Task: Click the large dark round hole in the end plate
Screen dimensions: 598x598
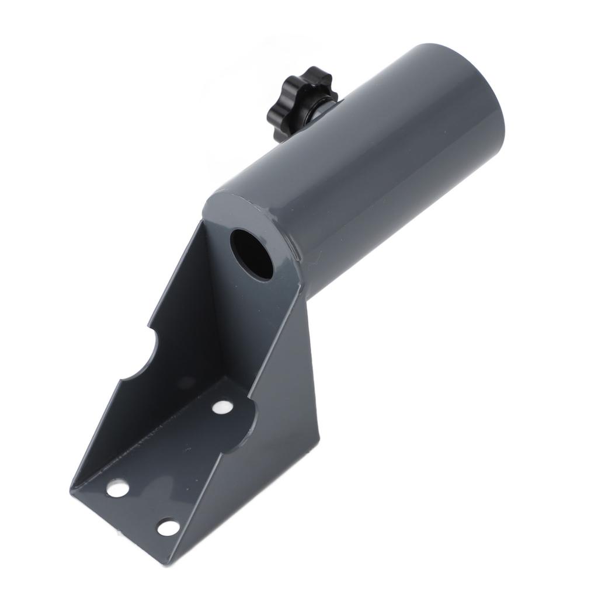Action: point(252,254)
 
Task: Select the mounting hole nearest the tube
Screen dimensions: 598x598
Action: point(222,407)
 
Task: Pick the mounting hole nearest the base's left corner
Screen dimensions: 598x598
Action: point(117,488)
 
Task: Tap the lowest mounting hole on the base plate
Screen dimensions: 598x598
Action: point(168,527)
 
